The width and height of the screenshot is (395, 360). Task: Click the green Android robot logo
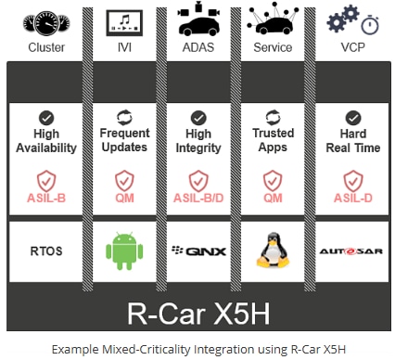tap(122, 251)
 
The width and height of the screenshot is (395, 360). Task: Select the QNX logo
tap(197, 251)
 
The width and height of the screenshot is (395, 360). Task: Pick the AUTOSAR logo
tap(350, 251)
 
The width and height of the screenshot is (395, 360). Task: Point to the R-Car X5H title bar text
tap(197, 307)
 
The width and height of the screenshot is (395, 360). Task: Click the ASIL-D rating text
tap(350, 197)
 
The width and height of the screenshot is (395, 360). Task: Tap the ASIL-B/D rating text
tap(197, 197)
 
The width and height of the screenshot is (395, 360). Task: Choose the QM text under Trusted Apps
tap(274, 197)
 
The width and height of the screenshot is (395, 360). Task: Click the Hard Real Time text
tap(350, 140)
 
